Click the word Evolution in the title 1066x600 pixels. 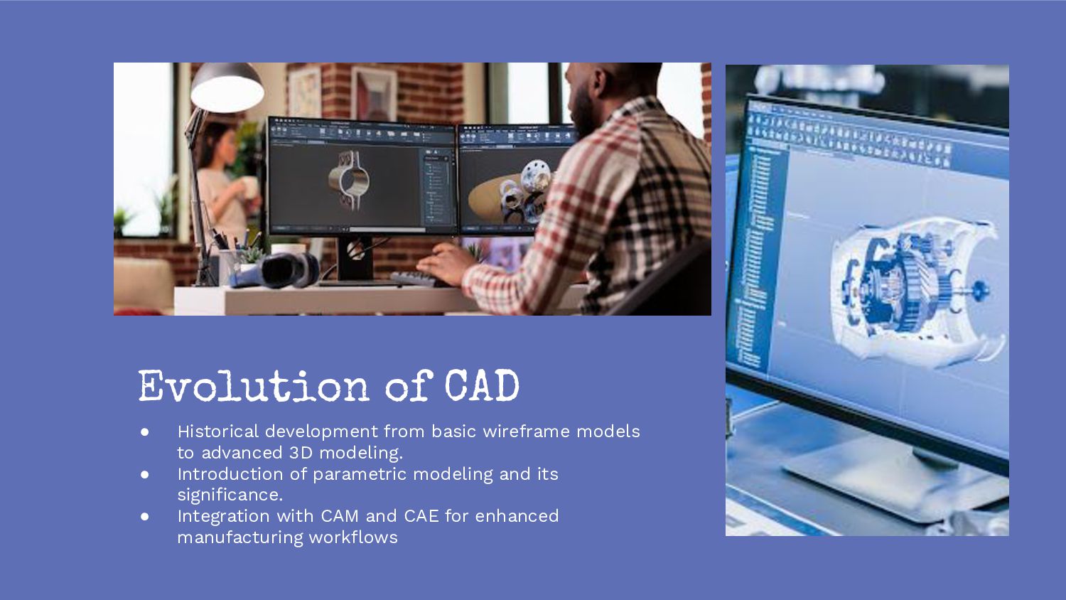(x=253, y=387)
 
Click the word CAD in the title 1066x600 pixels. (x=482, y=387)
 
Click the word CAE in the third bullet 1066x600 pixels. (x=421, y=516)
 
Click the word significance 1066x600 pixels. (x=230, y=495)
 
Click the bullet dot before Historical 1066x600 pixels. (x=145, y=432)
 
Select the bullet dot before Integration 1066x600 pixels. (x=145, y=516)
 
